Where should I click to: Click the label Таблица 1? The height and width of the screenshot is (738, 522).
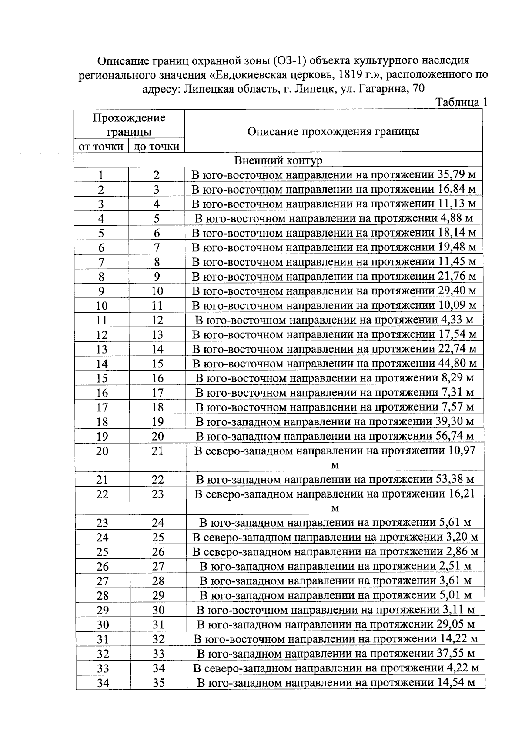(x=461, y=102)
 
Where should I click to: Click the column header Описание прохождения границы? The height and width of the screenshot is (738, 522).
(x=333, y=131)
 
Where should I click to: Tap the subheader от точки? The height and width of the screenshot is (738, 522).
(x=101, y=147)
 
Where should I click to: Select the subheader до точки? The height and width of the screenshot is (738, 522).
(x=157, y=147)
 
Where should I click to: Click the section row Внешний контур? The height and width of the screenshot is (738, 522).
(x=278, y=160)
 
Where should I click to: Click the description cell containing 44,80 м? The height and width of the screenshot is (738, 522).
(x=334, y=363)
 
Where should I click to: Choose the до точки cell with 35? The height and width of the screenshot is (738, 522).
(x=158, y=683)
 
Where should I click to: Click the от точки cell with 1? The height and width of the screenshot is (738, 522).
(x=101, y=175)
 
